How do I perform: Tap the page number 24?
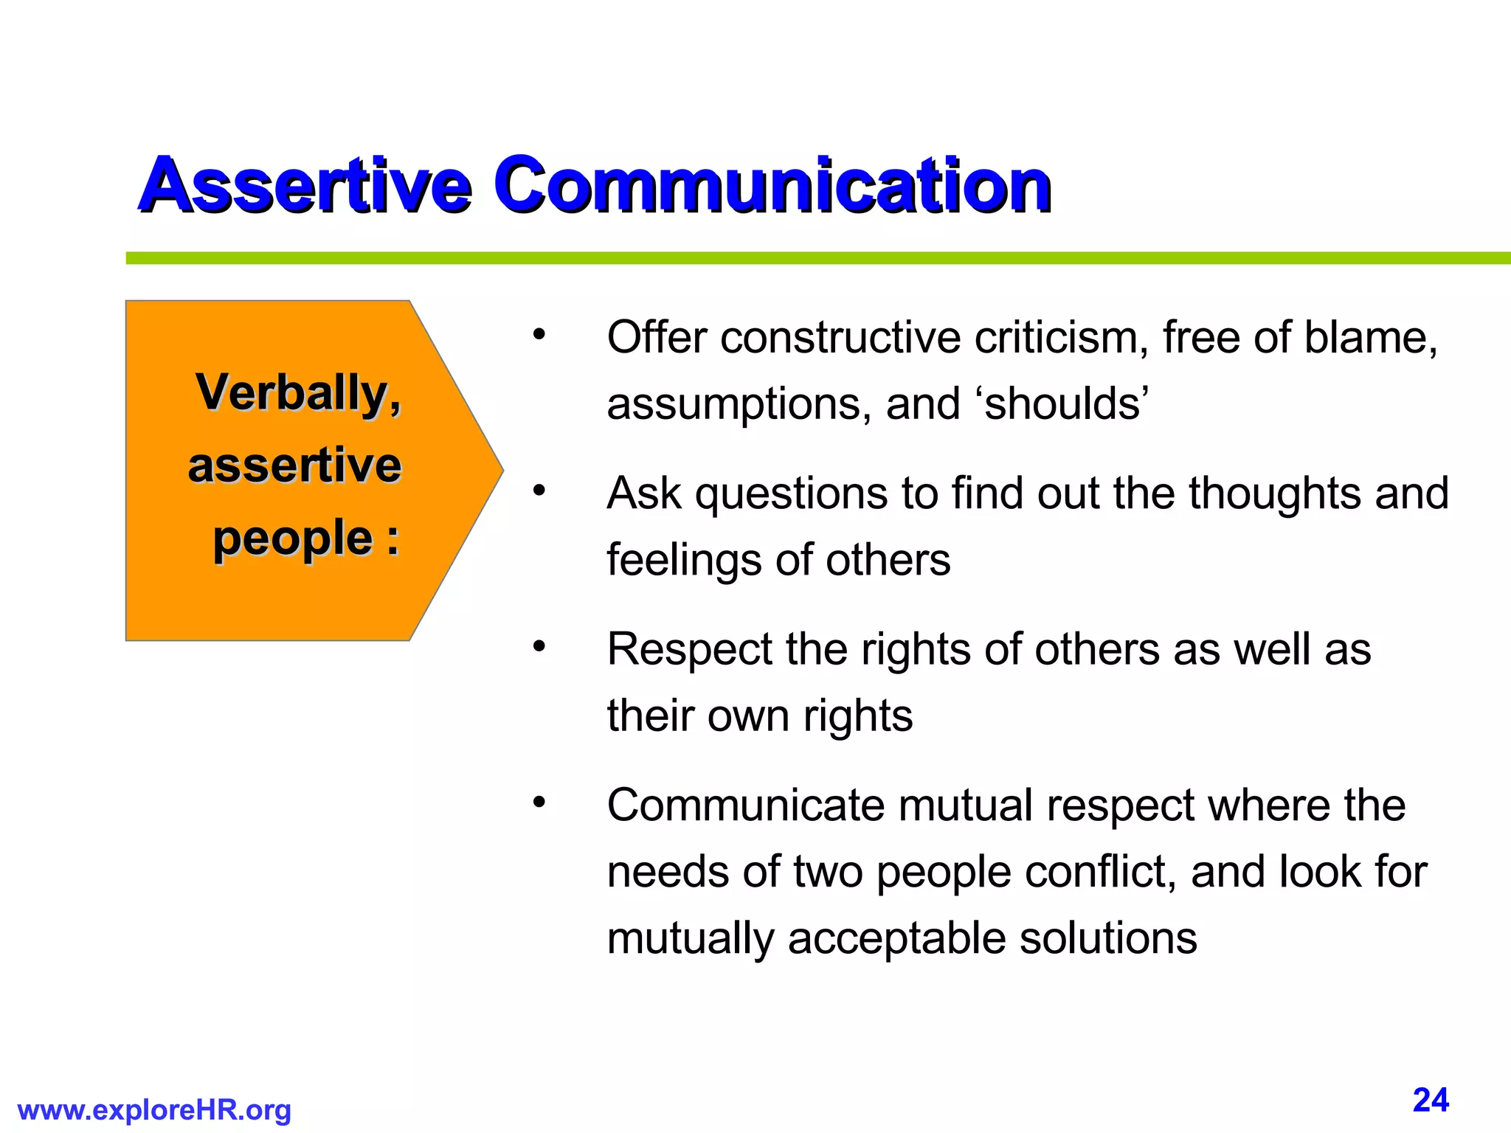pyautogui.click(x=1431, y=1100)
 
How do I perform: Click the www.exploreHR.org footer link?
pyautogui.click(x=154, y=1110)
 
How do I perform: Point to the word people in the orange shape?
pyautogui.click(x=293, y=538)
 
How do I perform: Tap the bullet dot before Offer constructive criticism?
pyautogui.click(x=539, y=336)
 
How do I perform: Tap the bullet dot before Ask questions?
pyautogui.click(x=539, y=491)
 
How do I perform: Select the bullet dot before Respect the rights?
pyautogui.click(x=539, y=647)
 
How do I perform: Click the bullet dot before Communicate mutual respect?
pyautogui.click(x=539, y=803)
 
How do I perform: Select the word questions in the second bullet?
pyautogui.click(x=792, y=494)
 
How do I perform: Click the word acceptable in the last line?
pyautogui.click(x=896, y=938)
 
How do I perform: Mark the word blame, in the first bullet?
pyautogui.click(x=1370, y=338)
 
